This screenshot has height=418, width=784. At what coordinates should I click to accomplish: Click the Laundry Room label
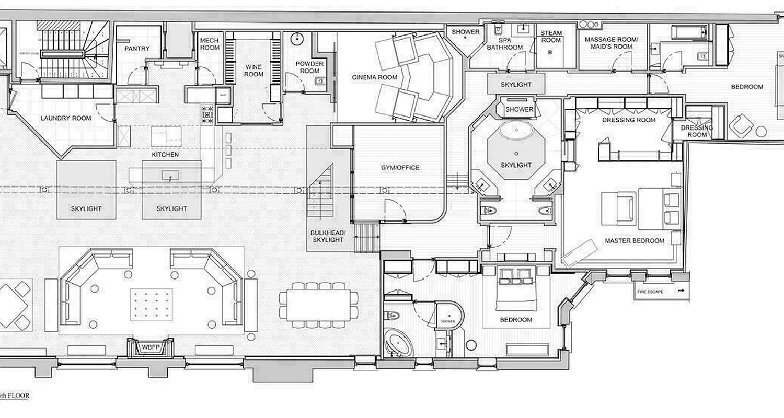coord(66,118)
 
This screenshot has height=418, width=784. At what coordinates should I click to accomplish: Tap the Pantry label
coord(137,49)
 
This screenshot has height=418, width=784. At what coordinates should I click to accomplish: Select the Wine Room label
coord(254,71)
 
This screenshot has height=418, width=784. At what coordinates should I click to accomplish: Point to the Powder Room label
coord(309,67)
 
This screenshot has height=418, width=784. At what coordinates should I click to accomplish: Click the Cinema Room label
coord(374,77)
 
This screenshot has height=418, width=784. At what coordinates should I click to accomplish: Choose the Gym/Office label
coord(400,168)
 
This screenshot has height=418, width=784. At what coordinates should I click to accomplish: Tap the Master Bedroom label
coord(635,241)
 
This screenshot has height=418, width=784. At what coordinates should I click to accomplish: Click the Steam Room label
coord(551,37)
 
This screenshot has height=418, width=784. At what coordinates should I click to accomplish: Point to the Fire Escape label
coord(650,292)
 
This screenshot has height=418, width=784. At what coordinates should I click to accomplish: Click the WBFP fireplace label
coord(151,346)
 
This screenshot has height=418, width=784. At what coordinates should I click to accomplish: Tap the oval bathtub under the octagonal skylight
coord(516,131)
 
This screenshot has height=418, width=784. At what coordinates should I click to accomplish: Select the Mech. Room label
coord(210,44)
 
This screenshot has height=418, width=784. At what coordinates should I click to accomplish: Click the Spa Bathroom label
coord(504,43)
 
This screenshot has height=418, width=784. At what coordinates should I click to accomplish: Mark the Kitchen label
coord(165,155)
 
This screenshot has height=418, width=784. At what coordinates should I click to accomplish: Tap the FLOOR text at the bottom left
coord(18,396)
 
